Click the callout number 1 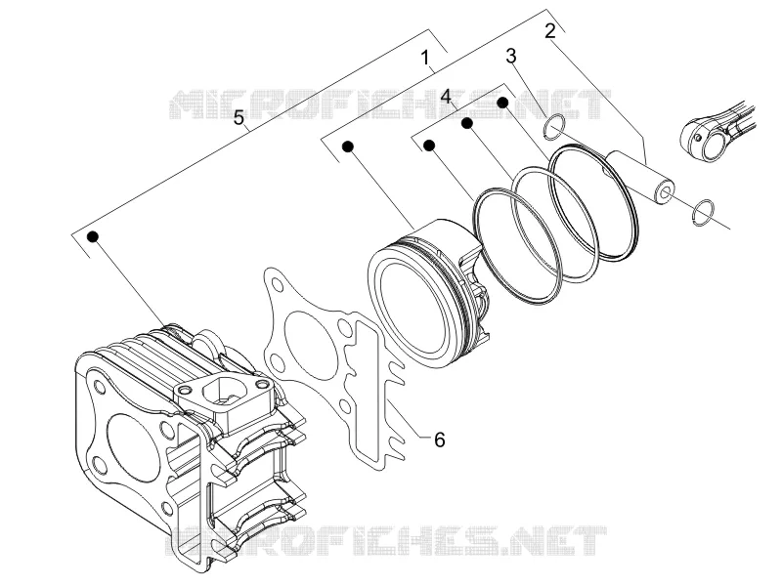tap(424, 58)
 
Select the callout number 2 tap(549, 31)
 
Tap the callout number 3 tap(510, 56)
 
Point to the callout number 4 tap(446, 96)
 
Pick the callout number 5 tap(239, 117)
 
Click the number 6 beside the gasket tap(439, 440)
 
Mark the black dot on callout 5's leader tap(93, 236)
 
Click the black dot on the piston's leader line tap(348, 146)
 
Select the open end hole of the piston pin tap(666, 192)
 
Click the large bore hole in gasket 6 tap(304, 338)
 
